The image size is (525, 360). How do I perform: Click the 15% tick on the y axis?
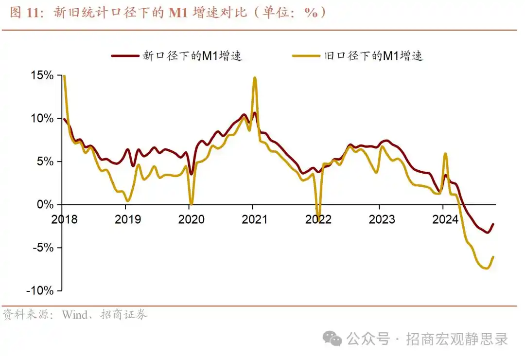42,75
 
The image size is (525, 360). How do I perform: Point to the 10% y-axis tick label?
42,118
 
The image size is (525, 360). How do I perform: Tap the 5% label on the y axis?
45,162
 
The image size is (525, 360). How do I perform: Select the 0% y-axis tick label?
45,204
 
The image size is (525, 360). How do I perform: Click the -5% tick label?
43,248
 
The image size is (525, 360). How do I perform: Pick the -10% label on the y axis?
40,290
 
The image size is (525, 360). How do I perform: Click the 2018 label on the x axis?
64,219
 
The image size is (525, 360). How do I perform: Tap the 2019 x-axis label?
127,219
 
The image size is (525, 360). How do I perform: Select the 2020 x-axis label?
191,219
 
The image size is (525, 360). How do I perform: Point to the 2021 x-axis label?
254,219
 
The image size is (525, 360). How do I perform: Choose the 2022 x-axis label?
318,219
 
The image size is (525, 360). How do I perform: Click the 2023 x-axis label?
381,219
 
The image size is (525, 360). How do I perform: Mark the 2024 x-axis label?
445,219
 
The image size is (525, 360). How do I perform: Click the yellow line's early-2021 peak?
255,78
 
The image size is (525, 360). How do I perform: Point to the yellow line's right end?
494,257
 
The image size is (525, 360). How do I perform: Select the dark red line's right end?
494,224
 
